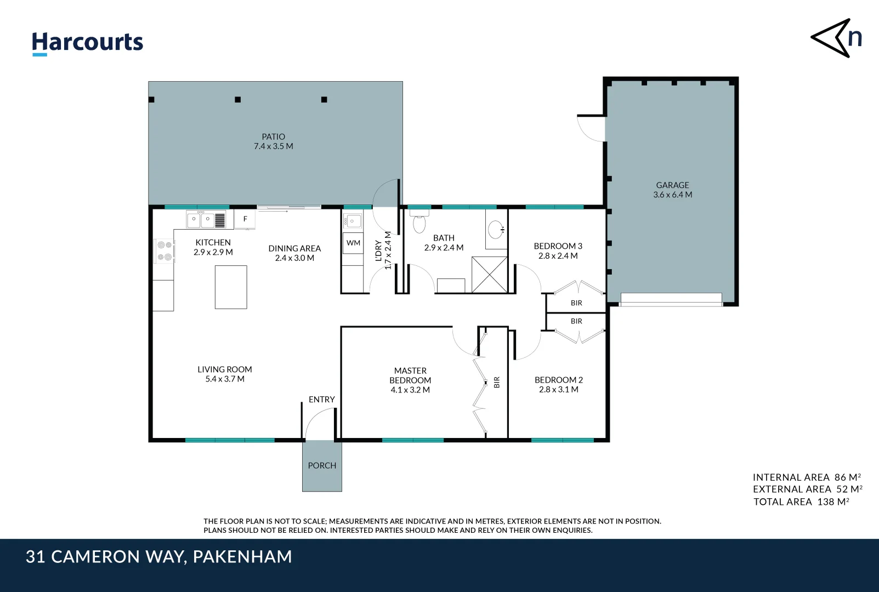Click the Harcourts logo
pyautogui.click(x=87, y=43)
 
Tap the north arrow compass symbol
pyautogui.click(x=836, y=38)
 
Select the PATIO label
pyautogui.click(x=273, y=136)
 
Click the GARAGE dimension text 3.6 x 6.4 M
pyautogui.click(x=672, y=195)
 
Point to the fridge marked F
pyautogui.click(x=245, y=219)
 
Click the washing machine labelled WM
pyautogui.click(x=353, y=243)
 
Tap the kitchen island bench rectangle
pyautogui.click(x=231, y=287)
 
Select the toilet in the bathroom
pyautogui.click(x=419, y=223)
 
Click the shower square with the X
pyautogui.click(x=489, y=274)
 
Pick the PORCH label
pyautogui.click(x=322, y=465)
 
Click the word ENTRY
pyautogui.click(x=321, y=400)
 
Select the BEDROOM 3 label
pyautogui.click(x=558, y=246)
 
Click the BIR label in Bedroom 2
pyautogui.click(x=576, y=321)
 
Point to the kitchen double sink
pyautogui.click(x=201, y=220)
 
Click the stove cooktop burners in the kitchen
pyautogui.click(x=165, y=251)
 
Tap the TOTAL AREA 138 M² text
pyautogui.click(x=801, y=502)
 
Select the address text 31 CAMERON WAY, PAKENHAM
pyautogui.click(x=158, y=557)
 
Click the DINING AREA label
pyautogui.click(x=294, y=248)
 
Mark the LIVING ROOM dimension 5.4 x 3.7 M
pyautogui.click(x=225, y=379)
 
